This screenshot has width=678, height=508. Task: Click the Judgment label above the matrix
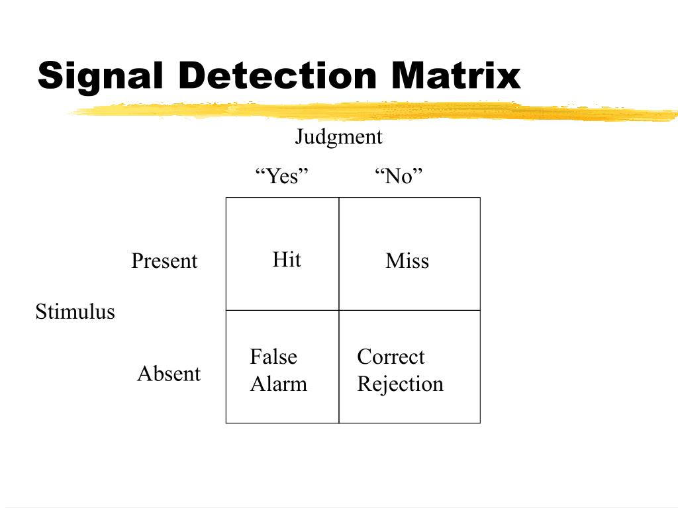[x=338, y=138]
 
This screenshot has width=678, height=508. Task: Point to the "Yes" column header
[x=282, y=177]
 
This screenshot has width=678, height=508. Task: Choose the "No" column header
[x=398, y=177]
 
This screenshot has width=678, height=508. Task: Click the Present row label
[x=164, y=261]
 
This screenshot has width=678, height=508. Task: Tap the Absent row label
[x=169, y=374]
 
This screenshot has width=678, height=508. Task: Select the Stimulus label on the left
[x=75, y=312]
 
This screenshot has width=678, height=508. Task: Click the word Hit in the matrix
[x=287, y=260]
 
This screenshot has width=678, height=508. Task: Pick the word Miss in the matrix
[x=407, y=261]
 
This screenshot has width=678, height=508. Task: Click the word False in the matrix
[x=273, y=357]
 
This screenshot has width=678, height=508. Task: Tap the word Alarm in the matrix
[x=278, y=384]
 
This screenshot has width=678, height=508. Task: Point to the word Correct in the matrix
[x=391, y=357]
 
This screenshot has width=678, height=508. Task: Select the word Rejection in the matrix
[x=400, y=384]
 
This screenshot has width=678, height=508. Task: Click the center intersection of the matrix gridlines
[x=339, y=310]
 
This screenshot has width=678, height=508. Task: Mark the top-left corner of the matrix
[x=226, y=198]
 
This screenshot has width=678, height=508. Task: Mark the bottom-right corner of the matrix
[x=480, y=423]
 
